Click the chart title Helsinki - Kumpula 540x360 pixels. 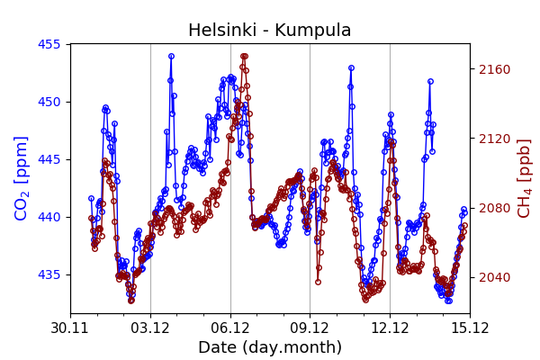point(270,31)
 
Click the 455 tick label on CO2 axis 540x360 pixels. point(52,44)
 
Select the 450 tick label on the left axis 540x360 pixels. point(52,102)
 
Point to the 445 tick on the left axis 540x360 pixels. point(52,159)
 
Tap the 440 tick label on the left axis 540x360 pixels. point(52,217)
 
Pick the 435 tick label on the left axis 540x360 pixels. point(52,274)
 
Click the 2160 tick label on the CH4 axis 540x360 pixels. point(493,69)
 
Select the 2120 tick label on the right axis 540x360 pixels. point(493,139)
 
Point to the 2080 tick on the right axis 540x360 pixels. point(493,208)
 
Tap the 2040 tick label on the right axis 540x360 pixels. point(493,277)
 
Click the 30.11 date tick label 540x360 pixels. point(70,328)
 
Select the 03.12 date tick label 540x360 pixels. point(150,328)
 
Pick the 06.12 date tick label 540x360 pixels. point(230,328)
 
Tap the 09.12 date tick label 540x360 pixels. point(310,328)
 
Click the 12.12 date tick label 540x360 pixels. point(390,328)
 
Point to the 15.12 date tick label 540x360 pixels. point(469,328)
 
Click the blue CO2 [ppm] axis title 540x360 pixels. point(22,178)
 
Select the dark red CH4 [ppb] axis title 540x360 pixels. point(525,178)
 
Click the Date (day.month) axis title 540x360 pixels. point(270,347)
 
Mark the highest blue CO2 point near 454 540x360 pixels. point(171,56)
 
